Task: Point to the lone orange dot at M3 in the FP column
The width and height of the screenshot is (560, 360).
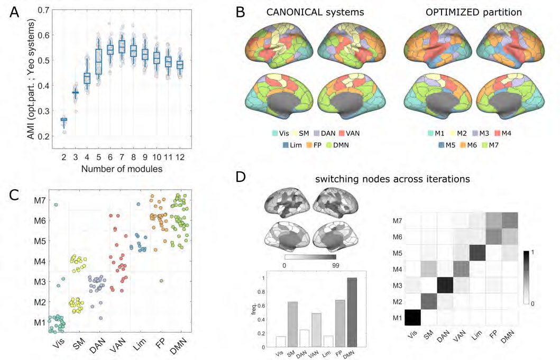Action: pyautogui.click(x=161, y=281)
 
